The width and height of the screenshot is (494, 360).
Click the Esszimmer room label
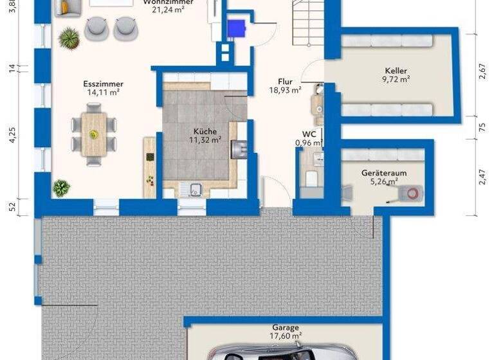[103, 84]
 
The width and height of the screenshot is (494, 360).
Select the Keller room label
[397, 71]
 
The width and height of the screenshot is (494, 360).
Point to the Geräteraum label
[384, 173]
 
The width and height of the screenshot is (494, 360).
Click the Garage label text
[286, 327]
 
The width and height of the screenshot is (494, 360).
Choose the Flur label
[286, 82]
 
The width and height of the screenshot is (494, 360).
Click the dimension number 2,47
[483, 176]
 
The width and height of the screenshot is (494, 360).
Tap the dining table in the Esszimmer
[94, 134]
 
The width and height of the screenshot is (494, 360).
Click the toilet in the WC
[312, 178]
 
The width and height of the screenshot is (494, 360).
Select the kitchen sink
[196, 189]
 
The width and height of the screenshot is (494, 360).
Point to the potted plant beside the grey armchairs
[68, 39]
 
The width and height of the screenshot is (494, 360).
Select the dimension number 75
[483, 127]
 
